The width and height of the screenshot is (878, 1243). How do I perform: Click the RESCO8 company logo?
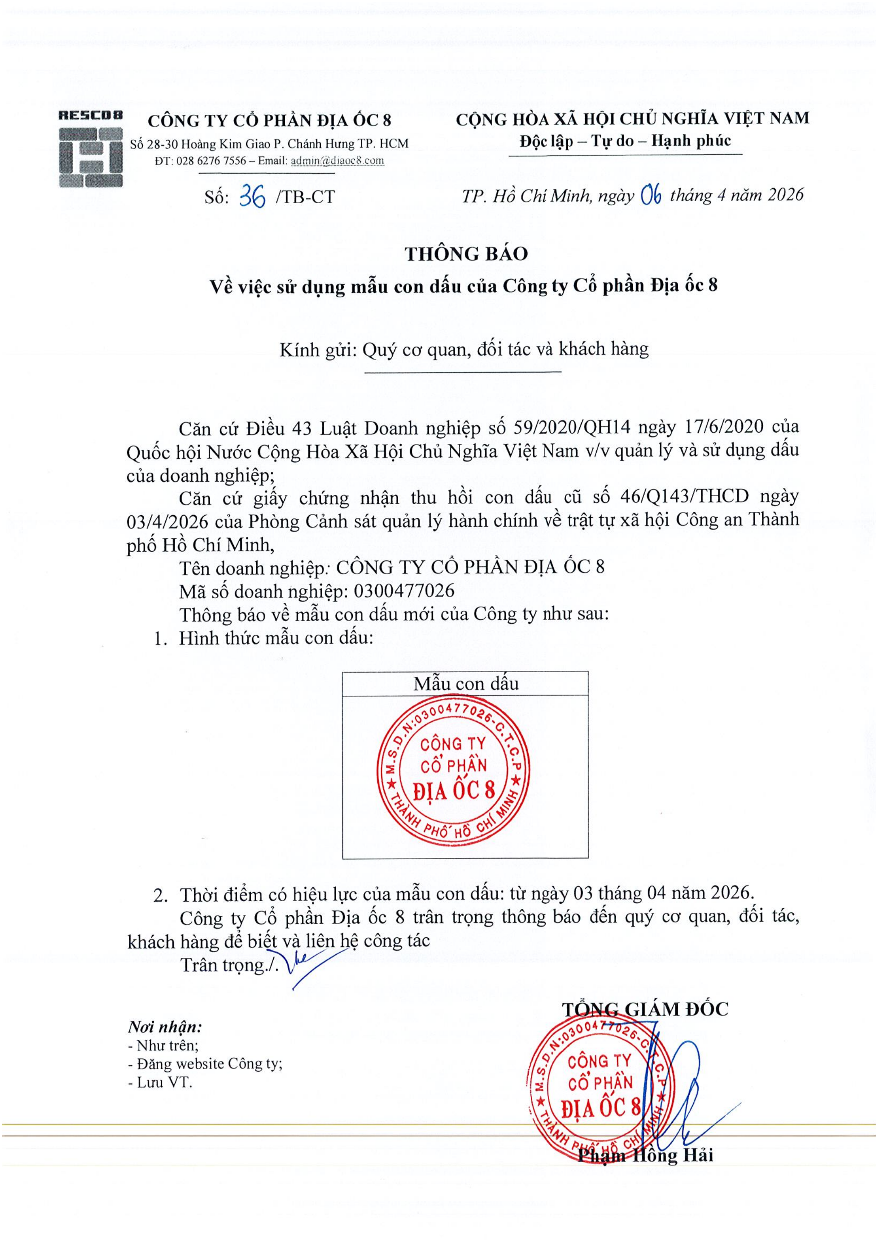tap(91, 149)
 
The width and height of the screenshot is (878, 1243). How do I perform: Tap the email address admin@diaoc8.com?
tap(337, 161)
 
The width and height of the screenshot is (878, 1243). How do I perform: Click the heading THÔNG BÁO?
tap(465, 254)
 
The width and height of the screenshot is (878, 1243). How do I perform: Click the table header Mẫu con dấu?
tap(465, 684)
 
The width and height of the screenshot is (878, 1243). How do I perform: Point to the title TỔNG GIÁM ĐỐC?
tap(645, 1009)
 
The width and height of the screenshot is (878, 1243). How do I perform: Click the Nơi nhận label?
tap(164, 1027)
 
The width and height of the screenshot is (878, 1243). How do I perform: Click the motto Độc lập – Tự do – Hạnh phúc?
tap(625, 141)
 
